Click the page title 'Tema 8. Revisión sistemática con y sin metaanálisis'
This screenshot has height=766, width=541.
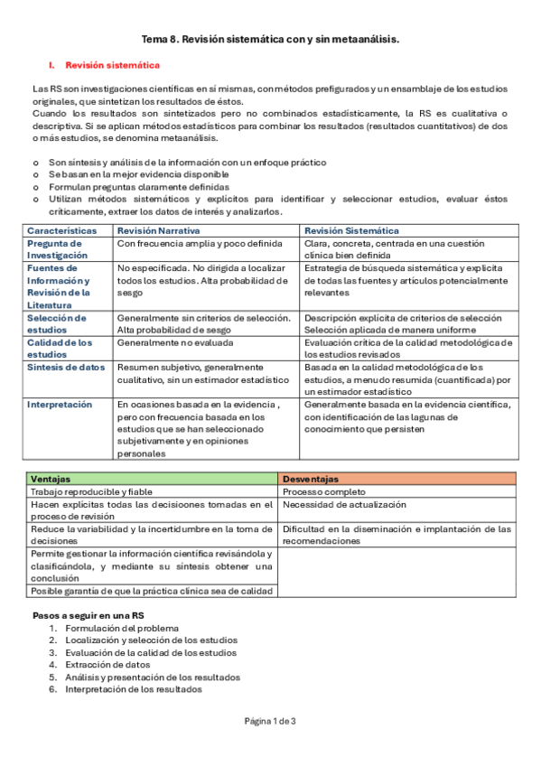click(x=270, y=40)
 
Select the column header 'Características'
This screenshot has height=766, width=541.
click(x=61, y=231)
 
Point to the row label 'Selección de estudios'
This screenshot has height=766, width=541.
click(x=57, y=323)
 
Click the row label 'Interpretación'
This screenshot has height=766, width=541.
click(x=60, y=405)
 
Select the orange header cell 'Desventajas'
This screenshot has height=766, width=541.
click(x=311, y=479)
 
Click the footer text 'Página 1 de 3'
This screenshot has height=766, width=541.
click(x=270, y=721)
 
